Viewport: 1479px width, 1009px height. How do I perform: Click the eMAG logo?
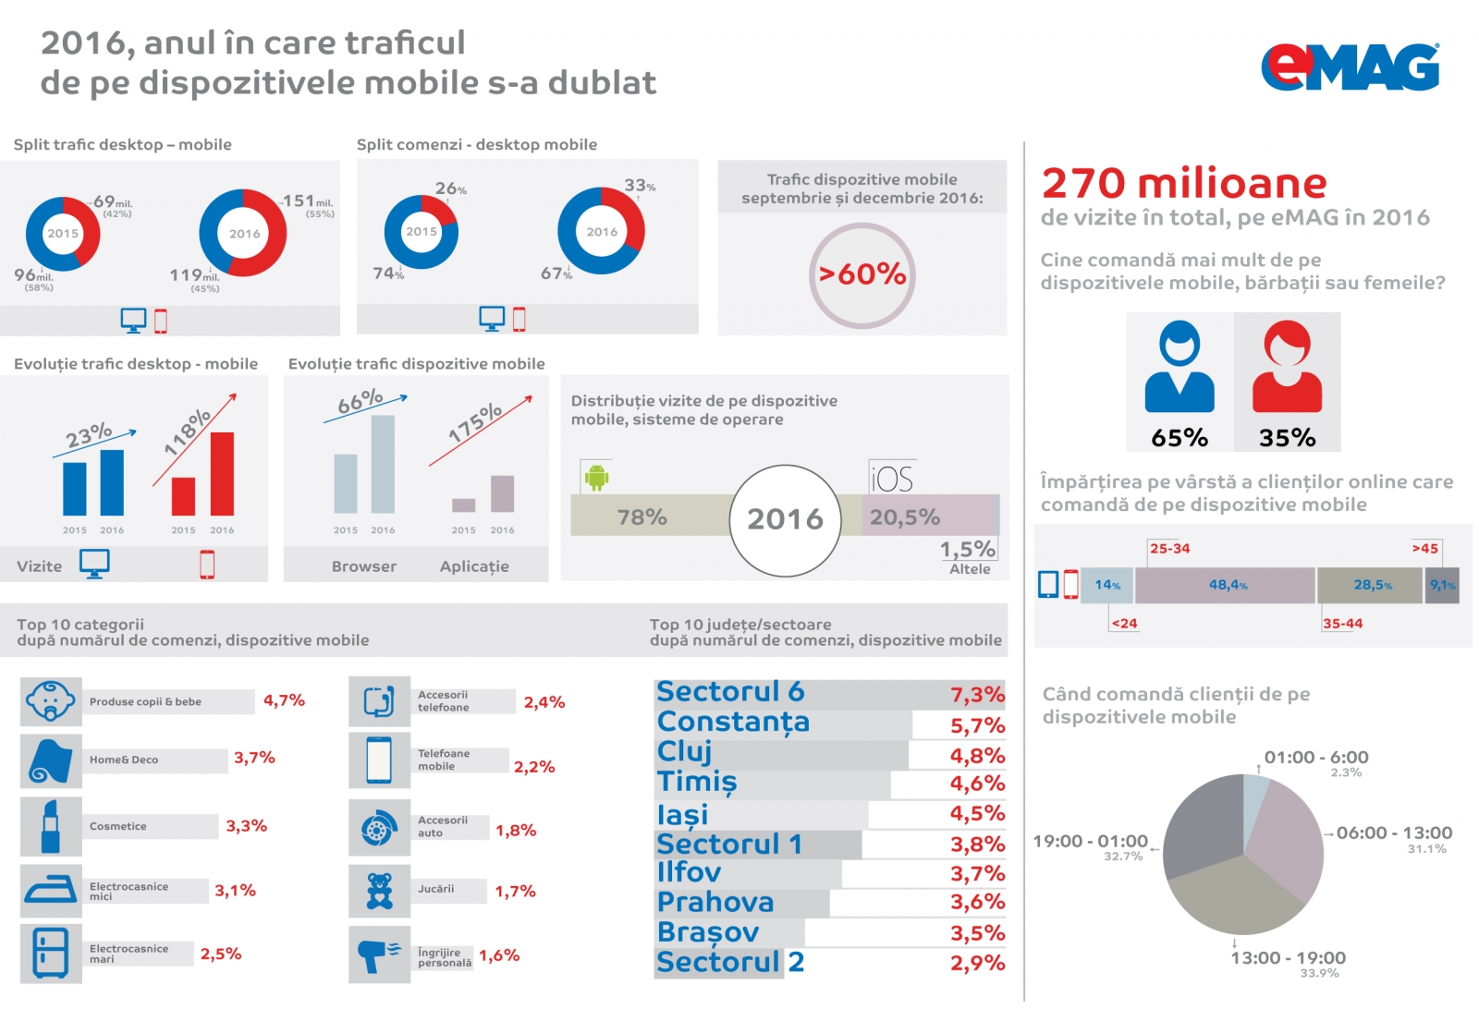(x=1350, y=67)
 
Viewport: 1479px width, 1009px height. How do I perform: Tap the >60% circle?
(x=862, y=274)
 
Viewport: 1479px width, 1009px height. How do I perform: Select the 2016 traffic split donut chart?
(x=244, y=233)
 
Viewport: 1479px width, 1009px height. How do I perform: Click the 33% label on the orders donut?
(x=639, y=186)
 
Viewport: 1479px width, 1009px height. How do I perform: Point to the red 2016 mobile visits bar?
(x=222, y=473)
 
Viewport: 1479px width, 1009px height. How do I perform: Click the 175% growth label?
(x=475, y=422)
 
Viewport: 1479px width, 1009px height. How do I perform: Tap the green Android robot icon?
(x=597, y=478)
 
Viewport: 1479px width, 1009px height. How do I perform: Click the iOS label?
(x=892, y=479)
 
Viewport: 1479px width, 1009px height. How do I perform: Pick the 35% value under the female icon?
(x=1287, y=438)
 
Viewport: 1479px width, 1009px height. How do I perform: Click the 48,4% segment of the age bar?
(x=1226, y=585)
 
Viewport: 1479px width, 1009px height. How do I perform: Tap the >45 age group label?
(x=1424, y=548)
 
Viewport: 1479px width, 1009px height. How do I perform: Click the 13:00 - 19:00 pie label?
(x=1288, y=958)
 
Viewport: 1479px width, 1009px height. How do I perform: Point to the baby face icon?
(x=51, y=701)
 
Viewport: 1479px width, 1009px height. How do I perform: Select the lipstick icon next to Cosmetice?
(x=51, y=826)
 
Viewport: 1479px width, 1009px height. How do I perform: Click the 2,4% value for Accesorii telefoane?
(x=544, y=702)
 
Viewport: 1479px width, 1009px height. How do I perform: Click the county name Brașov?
(x=707, y=932)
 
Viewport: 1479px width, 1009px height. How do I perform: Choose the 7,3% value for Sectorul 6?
(x=977, y=695)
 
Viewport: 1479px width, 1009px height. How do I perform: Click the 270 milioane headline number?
(x=1183, y=183)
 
